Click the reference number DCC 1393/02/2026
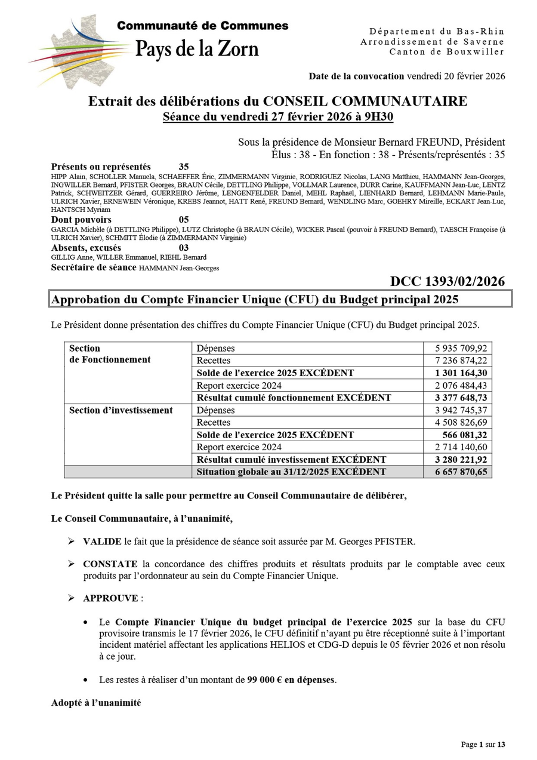pyautogui.click(x=447, y=281)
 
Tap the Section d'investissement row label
pyautogui.click(x=121, y=410)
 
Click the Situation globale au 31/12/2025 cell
pyautogui.click(x=291, y=472)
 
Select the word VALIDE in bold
pyautogui.click(x=102, y=541)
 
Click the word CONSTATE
pyautogui.click(x=109, y=564)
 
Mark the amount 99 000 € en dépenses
pyautogui.click(x=291, y=679)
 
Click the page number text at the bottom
pyautogui.click(x=483, y=744)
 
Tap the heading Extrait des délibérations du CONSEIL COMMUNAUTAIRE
pyautogui.click(x=277, y=101)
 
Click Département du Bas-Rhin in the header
pyautogui.click(x=436, y=31)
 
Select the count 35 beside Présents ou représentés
pyautogui.click(x=184, y=167)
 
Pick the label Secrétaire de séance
pyautogui.click(x=94, y=267)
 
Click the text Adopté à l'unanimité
pyautogui.click(x=96, y=703)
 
